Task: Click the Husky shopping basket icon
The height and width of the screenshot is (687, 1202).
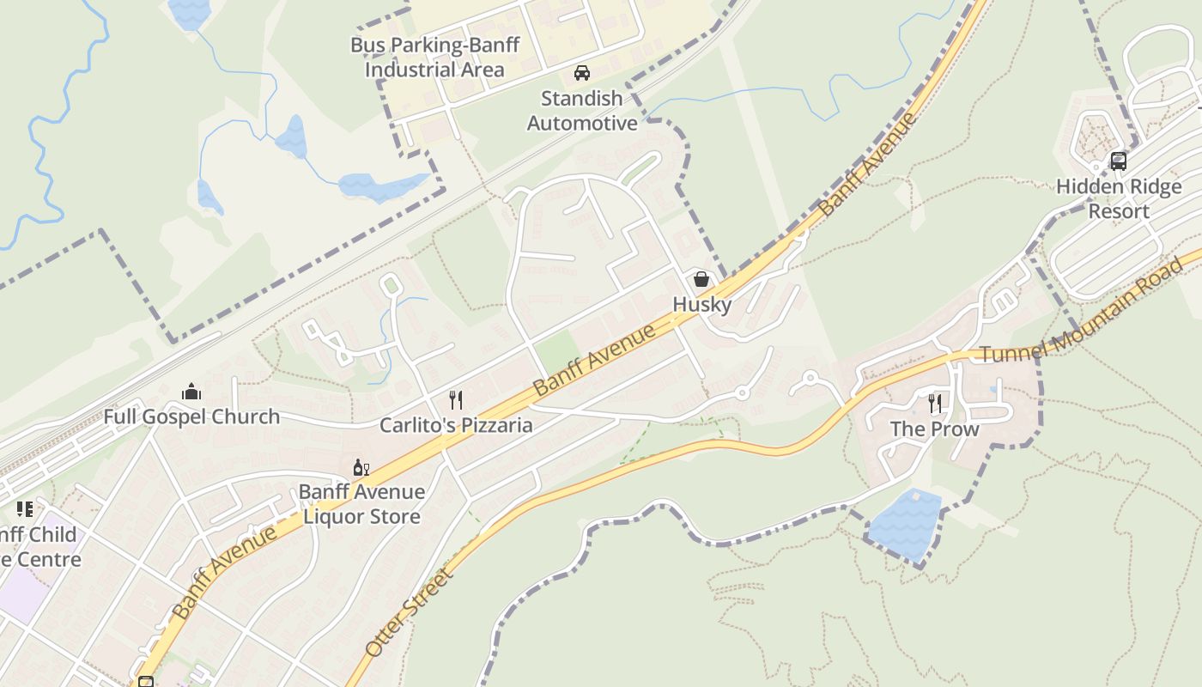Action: (x=701, y=279)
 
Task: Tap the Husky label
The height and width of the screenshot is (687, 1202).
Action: (x=701, y=304)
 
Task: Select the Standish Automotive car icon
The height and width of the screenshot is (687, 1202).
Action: (x=582, y=73)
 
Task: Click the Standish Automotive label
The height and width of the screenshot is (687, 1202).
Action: (x=582, y=111)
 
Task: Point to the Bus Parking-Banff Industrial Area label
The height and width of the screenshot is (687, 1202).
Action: (x=434, y=57)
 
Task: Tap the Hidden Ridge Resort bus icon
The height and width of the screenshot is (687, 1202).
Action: (x=1118, y=161)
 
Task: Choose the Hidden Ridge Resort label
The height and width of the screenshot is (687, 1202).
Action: (x=1118, y=198)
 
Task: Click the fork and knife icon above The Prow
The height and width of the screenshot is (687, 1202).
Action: (x=935, y=403)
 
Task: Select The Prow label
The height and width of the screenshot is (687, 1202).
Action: (x=934, y=429)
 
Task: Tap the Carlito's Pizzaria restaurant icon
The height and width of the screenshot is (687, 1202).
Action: (x=456, y=399)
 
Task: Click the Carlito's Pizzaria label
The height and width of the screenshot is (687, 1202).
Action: (x=456, y=425)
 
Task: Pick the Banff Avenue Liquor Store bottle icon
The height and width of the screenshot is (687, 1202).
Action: (x=361, y=467)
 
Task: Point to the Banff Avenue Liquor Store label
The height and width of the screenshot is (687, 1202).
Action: (x=361, y=504)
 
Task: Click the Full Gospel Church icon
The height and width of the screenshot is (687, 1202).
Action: (x=191, y=392)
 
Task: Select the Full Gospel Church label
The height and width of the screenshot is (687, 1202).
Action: (x=191, y=416)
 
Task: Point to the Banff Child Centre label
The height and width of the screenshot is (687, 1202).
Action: (x=39, y=547)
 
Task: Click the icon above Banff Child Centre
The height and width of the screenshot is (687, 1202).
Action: (x=24, y=509)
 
